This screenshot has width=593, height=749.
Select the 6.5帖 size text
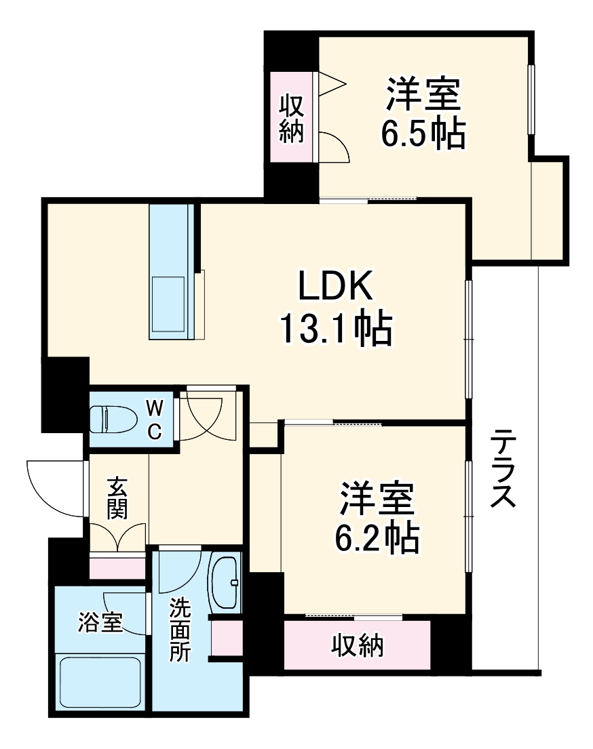point(423,134)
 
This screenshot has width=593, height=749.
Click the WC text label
point(155,420)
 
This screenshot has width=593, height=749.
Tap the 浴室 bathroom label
point(100,622)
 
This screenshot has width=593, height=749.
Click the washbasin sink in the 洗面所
point(226,582)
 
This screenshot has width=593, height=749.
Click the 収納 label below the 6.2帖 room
point(358,645)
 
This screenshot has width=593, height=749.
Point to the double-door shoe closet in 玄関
point(117,540)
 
